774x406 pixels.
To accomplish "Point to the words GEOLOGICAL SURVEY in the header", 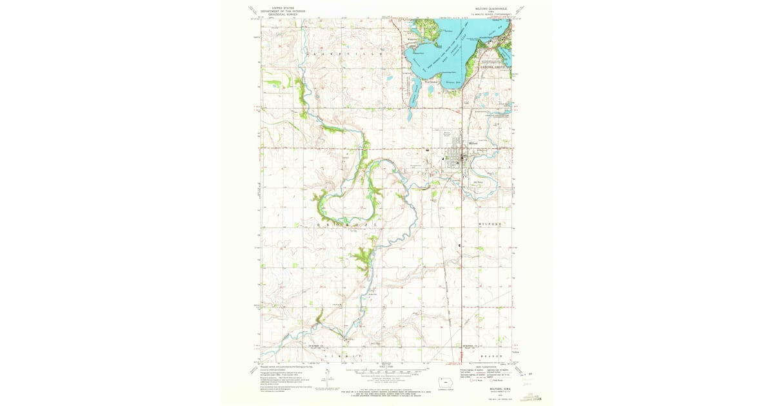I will [x=274, y=14].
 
